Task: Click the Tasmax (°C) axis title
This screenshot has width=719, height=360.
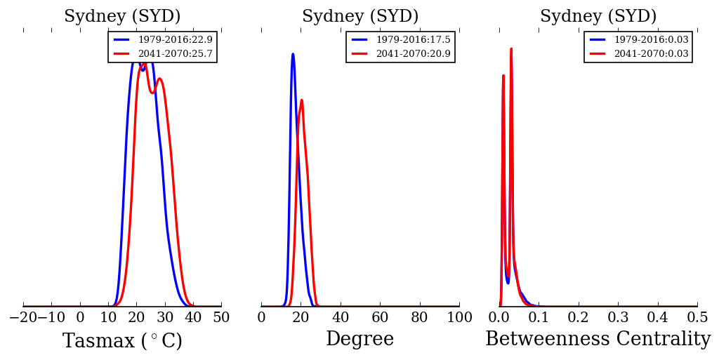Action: click(x=122, y=341)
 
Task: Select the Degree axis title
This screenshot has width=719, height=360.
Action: click(x=359, y=340)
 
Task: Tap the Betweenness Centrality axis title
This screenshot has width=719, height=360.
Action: click(x=598, y=340)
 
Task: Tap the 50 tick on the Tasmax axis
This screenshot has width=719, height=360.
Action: click(x=221, y=317)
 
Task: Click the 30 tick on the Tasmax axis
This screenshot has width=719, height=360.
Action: click(x=165, y=317)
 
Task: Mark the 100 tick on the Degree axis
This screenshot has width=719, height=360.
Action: click(x=459, y=317)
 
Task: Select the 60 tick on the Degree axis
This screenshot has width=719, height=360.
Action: click(x=380, y=317)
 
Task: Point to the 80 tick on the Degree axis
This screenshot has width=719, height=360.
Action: click(x=420, y=317)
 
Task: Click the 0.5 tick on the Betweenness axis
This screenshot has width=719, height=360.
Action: click(x=697, y=317)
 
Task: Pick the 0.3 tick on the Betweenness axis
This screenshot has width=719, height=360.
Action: click(x=618, y=317)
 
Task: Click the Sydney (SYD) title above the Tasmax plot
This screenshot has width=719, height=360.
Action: click(x=122, y=17)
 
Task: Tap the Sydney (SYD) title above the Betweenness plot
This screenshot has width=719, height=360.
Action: click(x=598, y=17)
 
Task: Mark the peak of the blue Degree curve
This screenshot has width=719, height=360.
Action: click(x=293, y=54)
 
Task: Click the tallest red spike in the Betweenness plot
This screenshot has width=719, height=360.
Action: click(x=510, y=49)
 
